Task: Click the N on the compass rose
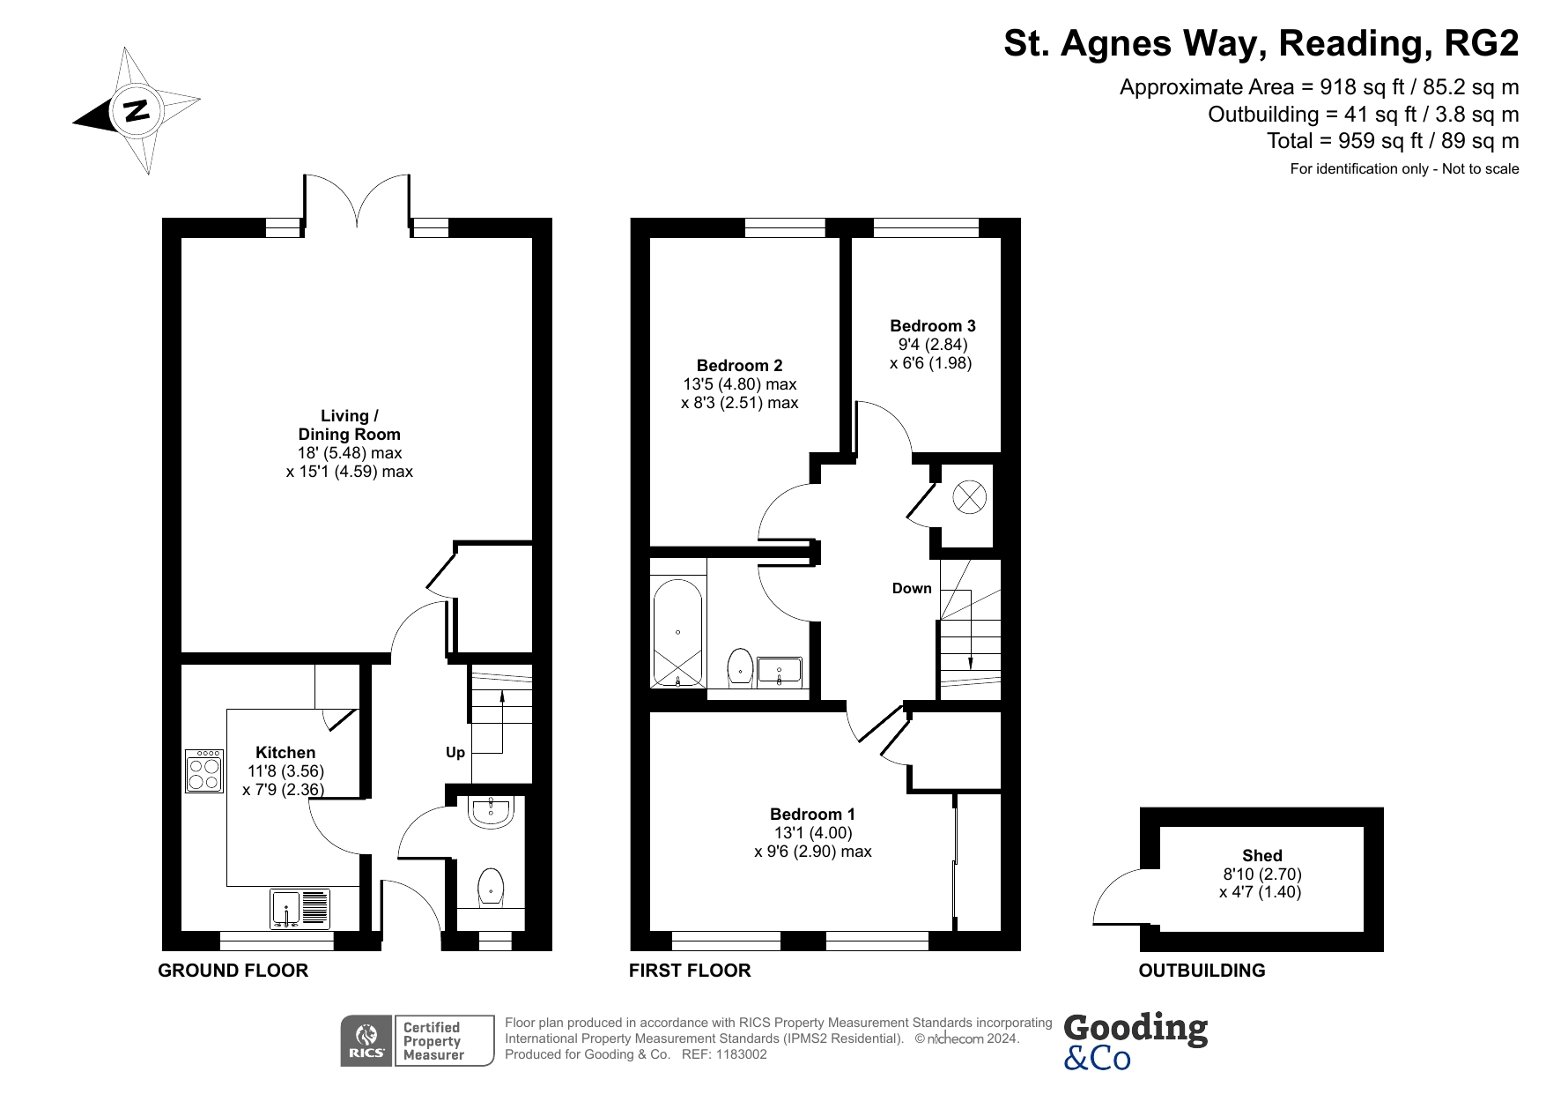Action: tap(136, 111)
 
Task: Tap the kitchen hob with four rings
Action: tap(203, 770)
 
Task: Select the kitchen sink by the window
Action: tap(300, 909)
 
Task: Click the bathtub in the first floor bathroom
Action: tap(677, 633)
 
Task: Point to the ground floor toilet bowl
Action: tap(491, 887)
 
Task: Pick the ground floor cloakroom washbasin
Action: tap(491, 812)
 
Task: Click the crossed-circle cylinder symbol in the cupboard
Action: tap(968, 496)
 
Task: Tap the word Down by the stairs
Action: tap(911, 588)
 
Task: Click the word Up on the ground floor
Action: tap(455, 752)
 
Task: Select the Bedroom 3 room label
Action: tap(932, 325)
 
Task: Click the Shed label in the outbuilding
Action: tap(1261, 855)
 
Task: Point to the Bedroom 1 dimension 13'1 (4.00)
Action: tap(812, 832)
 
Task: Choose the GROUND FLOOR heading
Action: tap(233, 971)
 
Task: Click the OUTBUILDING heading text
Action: tap(1201, 971)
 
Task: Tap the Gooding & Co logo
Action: tap(1135, 1040)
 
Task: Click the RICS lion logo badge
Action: tap(366, 1040)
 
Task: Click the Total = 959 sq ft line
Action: tap(1392, 141)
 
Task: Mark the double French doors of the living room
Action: tap(357, 203)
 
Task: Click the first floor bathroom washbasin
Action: tap(779, 672)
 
